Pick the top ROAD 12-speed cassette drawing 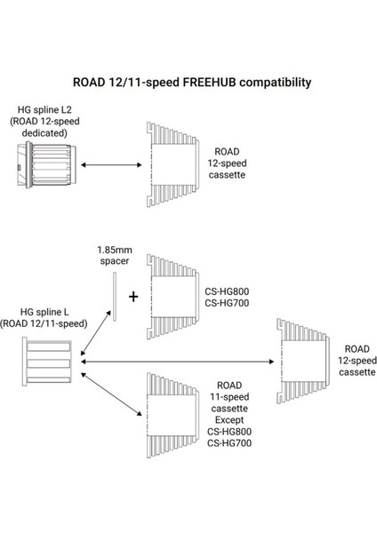point(171,164)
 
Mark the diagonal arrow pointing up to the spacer point(95,339)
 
